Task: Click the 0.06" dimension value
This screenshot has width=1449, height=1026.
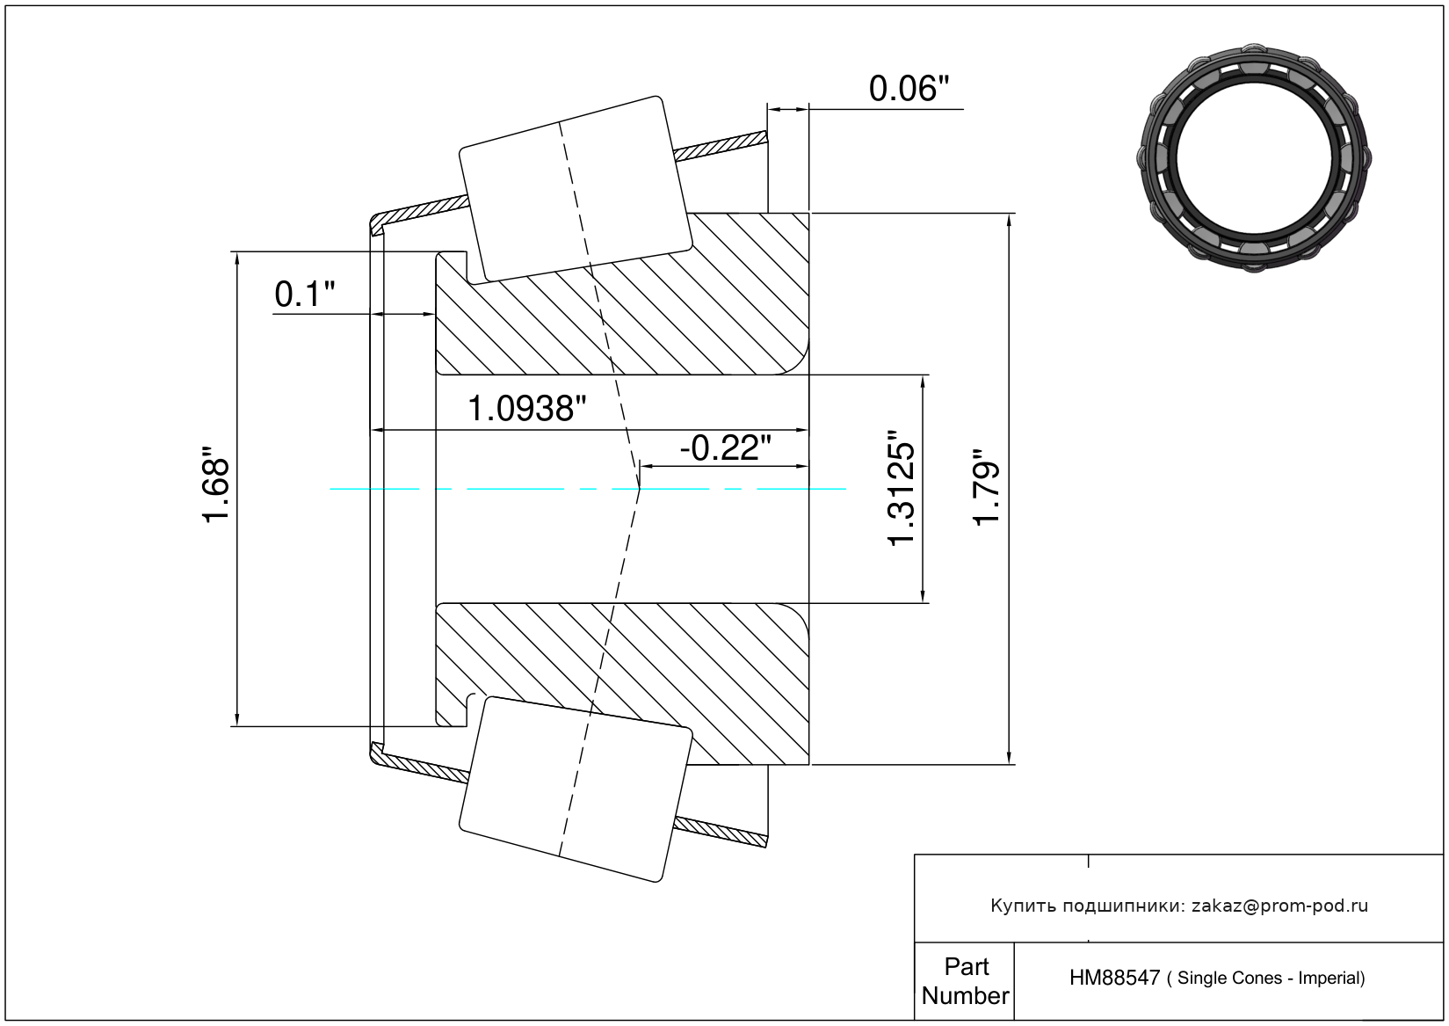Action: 909,89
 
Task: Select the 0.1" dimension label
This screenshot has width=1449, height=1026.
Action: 304,295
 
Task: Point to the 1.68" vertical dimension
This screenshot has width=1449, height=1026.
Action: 216,490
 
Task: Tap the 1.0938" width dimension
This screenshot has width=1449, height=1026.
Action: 526,409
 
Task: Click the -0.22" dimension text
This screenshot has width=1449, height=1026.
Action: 725,448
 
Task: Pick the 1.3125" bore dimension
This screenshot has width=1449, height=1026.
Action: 902,489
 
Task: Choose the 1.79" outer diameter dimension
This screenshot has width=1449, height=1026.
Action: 988,489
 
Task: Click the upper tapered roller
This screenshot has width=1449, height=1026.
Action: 576,189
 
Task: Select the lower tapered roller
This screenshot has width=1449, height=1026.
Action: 576,789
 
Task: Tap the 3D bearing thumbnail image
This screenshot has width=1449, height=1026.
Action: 1255,156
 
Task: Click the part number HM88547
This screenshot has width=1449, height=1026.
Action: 1114,978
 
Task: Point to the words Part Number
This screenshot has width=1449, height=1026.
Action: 965,981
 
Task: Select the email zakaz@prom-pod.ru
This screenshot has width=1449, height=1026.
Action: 1279,906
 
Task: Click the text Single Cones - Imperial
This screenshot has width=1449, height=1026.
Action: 1271,979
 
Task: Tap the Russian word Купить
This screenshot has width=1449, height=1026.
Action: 1023,906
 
